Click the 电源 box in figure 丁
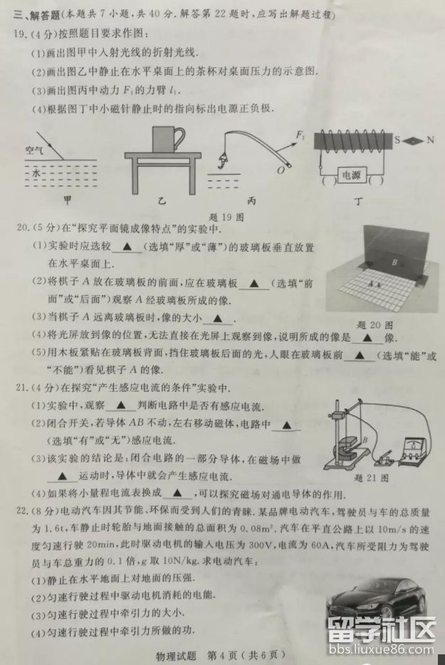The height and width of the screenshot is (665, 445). pos(351,174)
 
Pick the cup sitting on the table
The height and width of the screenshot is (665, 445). pos(167,135)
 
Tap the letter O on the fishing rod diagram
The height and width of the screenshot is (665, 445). pos(282,170)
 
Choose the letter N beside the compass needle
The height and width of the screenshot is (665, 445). pos(429,140)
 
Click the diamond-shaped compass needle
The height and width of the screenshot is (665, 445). pos(414,140)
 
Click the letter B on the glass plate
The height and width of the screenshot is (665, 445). pos(392,262)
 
